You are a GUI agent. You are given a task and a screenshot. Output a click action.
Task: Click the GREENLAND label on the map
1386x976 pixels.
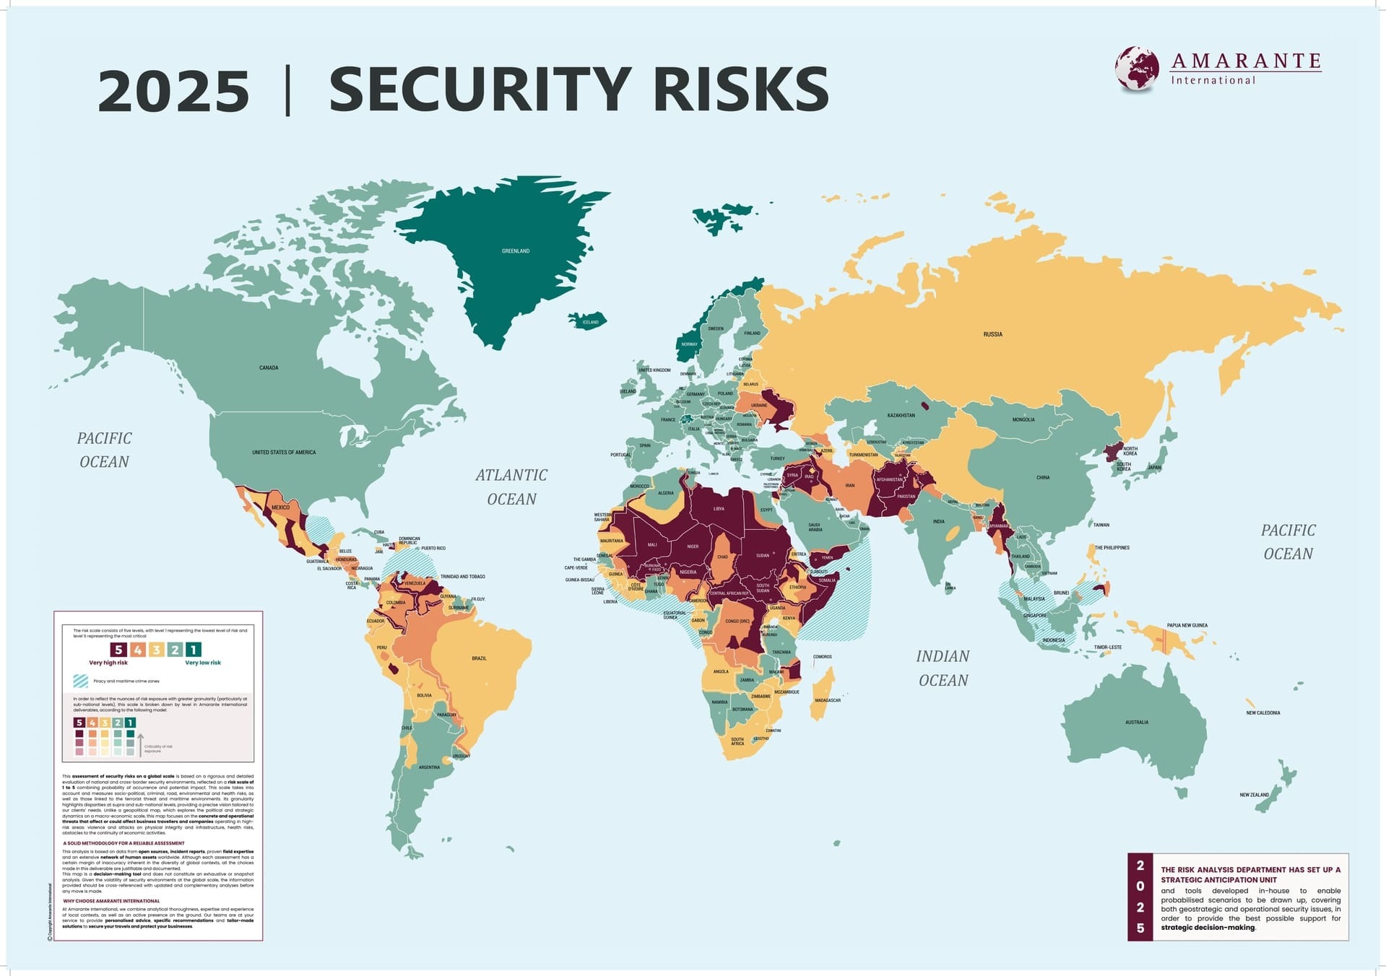(516, 251)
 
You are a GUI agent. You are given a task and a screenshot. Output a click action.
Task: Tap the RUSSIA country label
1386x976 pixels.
(992, 334)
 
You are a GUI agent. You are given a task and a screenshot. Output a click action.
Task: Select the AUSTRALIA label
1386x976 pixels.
(1136, 722)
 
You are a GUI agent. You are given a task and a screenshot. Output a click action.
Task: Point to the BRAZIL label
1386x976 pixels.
(479, 658)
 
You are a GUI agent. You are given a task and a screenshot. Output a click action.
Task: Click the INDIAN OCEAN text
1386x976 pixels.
(943, 668)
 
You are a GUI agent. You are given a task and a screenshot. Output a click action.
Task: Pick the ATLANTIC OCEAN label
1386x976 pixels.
(511, 487)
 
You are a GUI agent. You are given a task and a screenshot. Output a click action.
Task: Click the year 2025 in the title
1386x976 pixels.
(173, 91)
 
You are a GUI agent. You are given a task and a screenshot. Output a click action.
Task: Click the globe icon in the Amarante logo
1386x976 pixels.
(1136, 69)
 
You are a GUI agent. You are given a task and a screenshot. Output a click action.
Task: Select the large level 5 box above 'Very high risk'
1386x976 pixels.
(118, 650)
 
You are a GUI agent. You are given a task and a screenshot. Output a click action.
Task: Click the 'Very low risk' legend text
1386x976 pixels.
(203, 663)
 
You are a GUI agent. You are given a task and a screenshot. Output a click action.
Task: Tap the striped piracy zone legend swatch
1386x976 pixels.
(80, 681)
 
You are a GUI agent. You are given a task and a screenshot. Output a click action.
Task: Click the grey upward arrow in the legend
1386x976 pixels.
(140, 744)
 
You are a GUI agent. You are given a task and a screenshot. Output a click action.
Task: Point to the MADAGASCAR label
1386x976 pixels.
(828, 700)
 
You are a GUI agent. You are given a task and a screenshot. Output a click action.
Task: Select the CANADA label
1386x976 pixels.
(269, 367)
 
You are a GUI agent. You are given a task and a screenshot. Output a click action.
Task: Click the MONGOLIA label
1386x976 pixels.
(1023, 419)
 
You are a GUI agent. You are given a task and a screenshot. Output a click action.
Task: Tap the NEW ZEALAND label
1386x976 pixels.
(1254, 795)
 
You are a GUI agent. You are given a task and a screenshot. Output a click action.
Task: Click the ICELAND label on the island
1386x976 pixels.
(590, 322)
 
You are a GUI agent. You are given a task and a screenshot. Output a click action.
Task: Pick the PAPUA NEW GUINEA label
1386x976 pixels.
(1187, 625)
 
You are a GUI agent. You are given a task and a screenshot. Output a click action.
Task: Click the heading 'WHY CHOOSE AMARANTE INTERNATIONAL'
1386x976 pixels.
(111, 901)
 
